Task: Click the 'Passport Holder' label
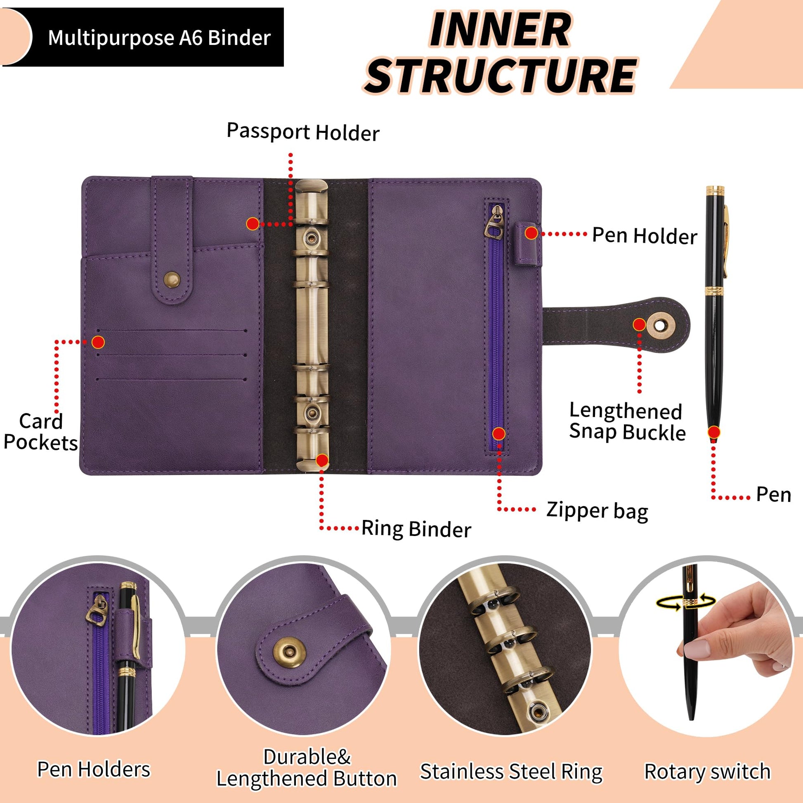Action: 303,132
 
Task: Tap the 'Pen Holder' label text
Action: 645,236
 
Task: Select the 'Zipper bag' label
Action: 597,511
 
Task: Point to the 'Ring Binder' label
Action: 416,529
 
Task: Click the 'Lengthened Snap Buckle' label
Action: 627,421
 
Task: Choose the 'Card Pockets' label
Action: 41,432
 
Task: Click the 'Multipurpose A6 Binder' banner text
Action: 159,38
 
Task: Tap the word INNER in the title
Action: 500,30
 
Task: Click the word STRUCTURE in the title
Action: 500,76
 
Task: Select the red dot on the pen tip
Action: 713,432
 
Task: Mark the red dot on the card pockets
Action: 98,342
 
